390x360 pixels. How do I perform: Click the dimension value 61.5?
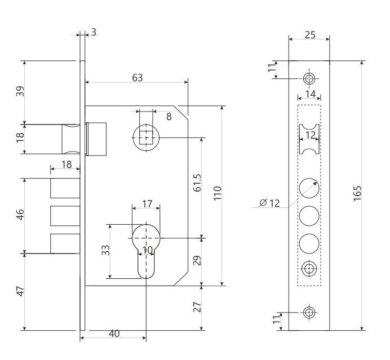[197, 183]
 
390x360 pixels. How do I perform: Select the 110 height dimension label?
[218, 193]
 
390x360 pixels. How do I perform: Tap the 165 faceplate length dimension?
[357, 193]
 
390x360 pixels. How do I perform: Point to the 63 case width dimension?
[138, 78]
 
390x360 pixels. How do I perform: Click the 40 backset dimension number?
[114, 334]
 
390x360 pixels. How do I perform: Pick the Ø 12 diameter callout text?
[269, 203]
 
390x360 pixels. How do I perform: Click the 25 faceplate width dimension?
[310, 35]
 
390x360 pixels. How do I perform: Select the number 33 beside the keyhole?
[105, 250]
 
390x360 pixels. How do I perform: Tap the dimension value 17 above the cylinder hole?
[147, 204]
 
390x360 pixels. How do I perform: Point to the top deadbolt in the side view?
[65, 188]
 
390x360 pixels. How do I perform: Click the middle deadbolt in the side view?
[65, 216]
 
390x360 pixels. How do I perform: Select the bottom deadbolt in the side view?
[65, 243]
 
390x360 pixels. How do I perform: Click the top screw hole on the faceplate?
[309, 78]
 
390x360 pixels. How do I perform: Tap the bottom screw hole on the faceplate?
[309, 312]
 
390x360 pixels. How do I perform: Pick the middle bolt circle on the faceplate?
[309, 216]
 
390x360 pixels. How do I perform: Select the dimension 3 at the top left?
[94, 32]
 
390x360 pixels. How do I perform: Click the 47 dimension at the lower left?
[20, 291]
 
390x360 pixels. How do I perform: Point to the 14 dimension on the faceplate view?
[311, 94]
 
